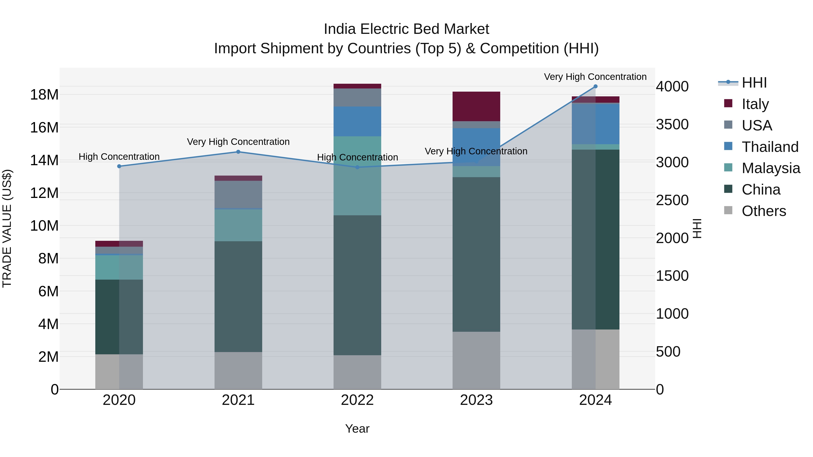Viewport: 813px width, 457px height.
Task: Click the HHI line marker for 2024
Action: click(x=595, y=86)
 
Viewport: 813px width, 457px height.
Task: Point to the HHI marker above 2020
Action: click(x=119, y=166)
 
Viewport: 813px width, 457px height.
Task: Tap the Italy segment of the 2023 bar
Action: click(x=476, y=106)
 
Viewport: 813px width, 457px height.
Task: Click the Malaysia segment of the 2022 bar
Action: click(x=357, y=176)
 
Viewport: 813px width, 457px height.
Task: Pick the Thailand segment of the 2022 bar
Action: click(x=357, y=121)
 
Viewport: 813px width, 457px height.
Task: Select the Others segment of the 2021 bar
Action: click(x=238, y=370)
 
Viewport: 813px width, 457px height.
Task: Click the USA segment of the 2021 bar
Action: click(x=238, y=194)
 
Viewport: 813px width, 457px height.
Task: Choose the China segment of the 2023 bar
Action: click(x=476, y=254)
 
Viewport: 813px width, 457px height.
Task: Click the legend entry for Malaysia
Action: click(x=770, y=168)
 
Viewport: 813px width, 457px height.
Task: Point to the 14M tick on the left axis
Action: click(x=44, y=160)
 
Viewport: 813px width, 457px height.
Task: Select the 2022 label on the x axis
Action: click(x=357, y=400)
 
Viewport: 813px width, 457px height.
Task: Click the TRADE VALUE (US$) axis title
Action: click(x=7, y=228)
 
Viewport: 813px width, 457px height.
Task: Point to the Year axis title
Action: click(x=357, y=429)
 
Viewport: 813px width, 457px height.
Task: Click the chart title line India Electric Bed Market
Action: click(x=406, y=29)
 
